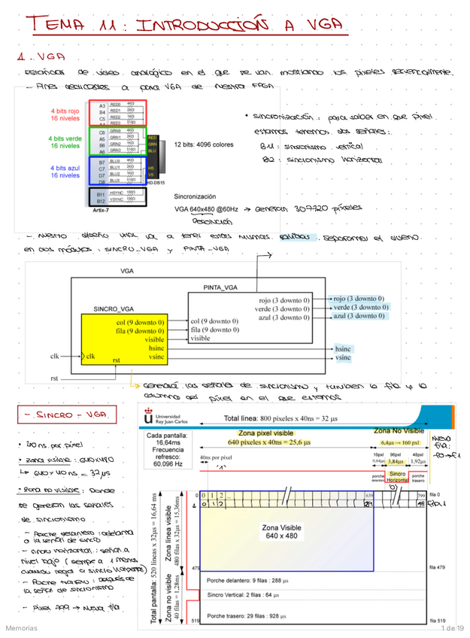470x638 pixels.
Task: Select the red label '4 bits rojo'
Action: coord(65,114)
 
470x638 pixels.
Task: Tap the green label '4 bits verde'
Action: coord(65,142)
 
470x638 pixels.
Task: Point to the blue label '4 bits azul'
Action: coord(65,171)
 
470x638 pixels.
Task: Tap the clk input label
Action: coord(56,356)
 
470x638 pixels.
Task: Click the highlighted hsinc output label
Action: coord(343,349)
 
